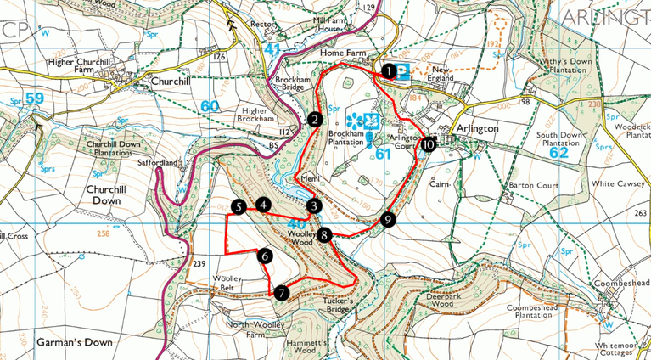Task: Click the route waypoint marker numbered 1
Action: tap(388, 71)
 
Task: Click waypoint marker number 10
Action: tap(427, 145)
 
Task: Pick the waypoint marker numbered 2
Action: tap(314, 120)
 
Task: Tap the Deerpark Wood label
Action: tap(450, 298)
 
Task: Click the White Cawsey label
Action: tap(598, 183)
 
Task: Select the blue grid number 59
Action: tap(34, 98)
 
